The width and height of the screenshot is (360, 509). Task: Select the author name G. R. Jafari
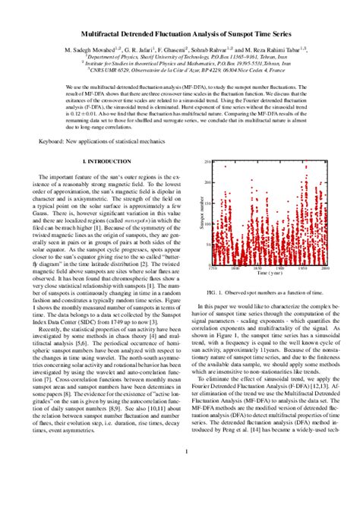[x=125, y=49]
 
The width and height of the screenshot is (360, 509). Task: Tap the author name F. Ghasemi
[x=166, y=49]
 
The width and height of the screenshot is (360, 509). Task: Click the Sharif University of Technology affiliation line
[x=180, y=56]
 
